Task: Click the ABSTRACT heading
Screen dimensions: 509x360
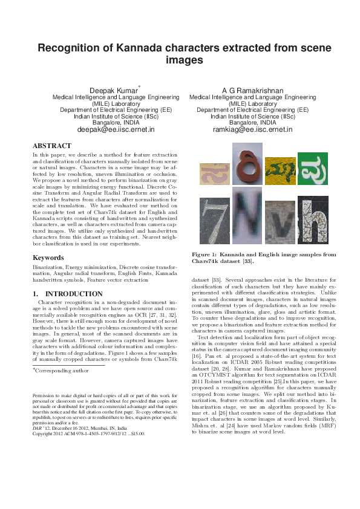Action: coord(52,146)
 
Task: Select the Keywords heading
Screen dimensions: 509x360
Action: coord(49,258)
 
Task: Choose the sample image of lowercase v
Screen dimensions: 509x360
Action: coord(277,227)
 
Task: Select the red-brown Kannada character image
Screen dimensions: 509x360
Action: coord(246,164)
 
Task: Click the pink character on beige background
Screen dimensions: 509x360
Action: coord(213,174)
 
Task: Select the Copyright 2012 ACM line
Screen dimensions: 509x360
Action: coord(88,433)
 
